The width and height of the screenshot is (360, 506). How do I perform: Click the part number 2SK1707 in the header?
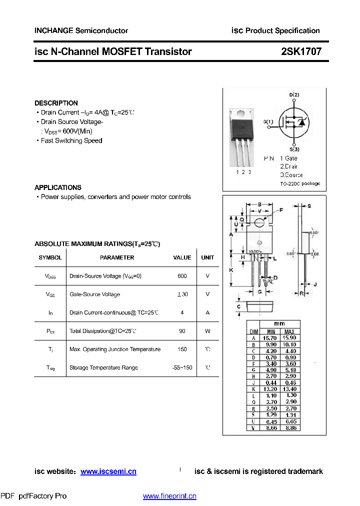301,51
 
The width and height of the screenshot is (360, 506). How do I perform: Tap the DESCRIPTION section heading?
56,103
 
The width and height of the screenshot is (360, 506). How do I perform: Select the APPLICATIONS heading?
58,187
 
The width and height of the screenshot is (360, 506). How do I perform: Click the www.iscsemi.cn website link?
108,471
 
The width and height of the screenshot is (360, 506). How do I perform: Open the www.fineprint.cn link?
169,496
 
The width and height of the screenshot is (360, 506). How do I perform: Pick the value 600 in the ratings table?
182,276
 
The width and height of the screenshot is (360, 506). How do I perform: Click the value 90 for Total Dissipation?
182,331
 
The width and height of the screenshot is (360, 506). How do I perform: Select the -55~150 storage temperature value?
182,367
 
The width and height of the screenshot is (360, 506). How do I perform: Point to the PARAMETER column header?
117,257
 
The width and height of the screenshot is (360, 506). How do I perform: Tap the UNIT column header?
207,257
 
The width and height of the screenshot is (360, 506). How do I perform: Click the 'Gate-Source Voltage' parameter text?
95,294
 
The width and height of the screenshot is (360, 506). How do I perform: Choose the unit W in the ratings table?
207,331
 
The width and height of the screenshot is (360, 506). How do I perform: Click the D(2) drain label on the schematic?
294,95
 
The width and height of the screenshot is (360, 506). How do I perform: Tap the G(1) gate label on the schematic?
268,121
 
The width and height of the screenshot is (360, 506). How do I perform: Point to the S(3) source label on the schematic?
294,149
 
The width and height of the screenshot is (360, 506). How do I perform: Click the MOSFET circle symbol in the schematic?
294,122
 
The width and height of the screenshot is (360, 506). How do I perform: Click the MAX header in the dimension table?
289,332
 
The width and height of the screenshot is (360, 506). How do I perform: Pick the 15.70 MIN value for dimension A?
270,338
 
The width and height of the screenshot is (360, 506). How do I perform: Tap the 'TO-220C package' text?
300,183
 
